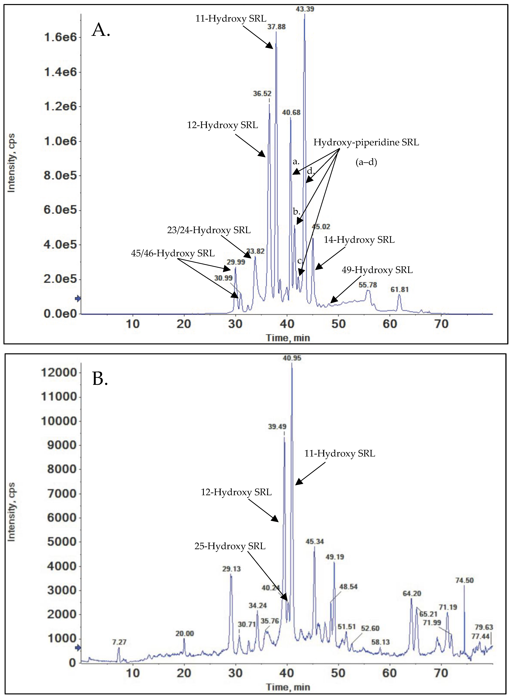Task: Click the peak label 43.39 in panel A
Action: (x=305, y=9)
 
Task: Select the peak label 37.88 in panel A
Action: (x=277, y=27)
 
